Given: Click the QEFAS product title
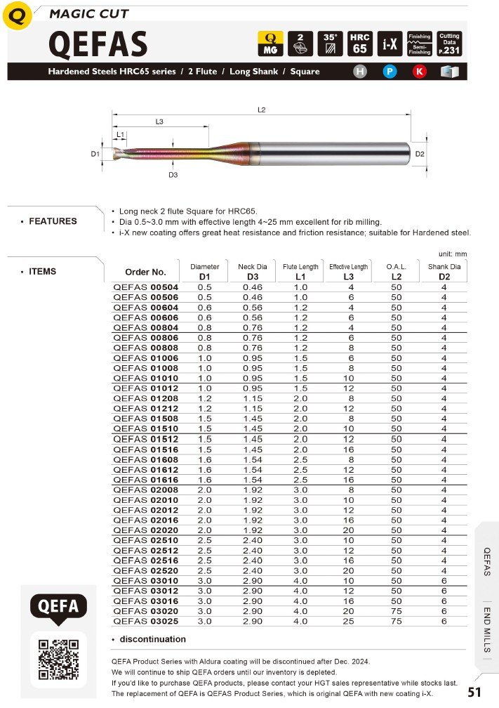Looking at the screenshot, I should (98, 45).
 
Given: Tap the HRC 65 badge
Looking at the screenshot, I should (360, 44).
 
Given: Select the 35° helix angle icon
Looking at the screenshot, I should (330, 44).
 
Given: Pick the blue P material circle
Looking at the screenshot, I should (390, 72).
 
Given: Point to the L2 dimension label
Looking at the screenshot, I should (261, 110).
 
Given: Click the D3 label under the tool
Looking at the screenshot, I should (173, 175).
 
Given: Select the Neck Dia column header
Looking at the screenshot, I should (253, 272).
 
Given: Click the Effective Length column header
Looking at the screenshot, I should (348, 272).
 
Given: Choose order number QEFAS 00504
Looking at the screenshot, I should (146, 287).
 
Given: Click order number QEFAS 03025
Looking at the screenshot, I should (146, 621).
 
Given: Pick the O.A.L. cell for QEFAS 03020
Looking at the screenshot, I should (397, 611).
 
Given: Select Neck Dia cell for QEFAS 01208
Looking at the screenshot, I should (253, 398).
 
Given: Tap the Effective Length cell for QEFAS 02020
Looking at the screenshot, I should (348, 530).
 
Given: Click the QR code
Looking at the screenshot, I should (58, 660).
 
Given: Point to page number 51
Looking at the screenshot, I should (474, 693).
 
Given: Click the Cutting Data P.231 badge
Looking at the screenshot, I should (448, 44).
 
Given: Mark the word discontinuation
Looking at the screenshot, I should (153, 639).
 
